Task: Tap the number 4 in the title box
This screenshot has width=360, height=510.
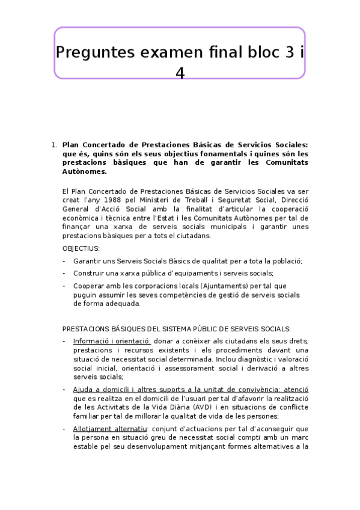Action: pyautogui.click(x=180, y=73)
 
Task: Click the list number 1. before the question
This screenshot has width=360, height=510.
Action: pyautogui.click(x=54, y=145)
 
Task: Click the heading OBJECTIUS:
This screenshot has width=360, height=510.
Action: pyautogui.click(x=81, y=248)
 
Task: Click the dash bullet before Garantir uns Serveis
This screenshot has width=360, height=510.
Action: pyautogui.click(x=64, y=261)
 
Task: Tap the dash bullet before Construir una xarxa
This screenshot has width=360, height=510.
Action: pyautogui.click(x=64, y=273)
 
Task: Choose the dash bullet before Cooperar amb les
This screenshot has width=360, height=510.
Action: pyautogui.click(x=64, y=286)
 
